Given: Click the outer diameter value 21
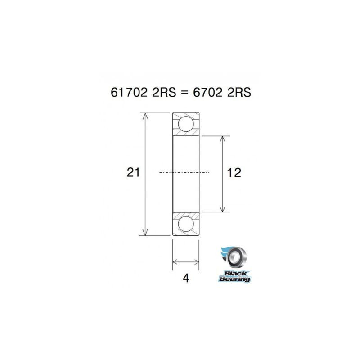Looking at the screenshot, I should pyautogui.click(x=133, y=172).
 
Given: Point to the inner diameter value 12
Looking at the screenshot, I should pyautogui.click(x=234, y=172).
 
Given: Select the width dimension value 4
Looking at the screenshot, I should pyautogui.click(x=186, y=278).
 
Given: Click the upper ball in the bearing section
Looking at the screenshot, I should pyautogui.click(x=186, y=124).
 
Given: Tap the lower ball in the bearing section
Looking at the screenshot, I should pyautogui.click(x=186, y=224).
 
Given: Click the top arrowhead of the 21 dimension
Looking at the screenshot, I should pyautogui.click(x=145, y=116).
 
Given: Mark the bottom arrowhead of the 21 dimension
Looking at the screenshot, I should pyautogui.click(x=145, y=232).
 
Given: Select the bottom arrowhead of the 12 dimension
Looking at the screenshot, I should pyautogui.click(x=222, y=208).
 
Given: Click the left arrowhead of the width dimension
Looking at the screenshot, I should pyautogui.click(x=175, y=261).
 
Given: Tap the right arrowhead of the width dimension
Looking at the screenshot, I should pyautogui.click(x=197, y=261).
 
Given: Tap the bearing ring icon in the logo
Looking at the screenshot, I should pyautogui.click(x=236, y=258).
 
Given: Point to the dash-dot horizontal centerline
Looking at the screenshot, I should pyautogui.click(x=184, y=172).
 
